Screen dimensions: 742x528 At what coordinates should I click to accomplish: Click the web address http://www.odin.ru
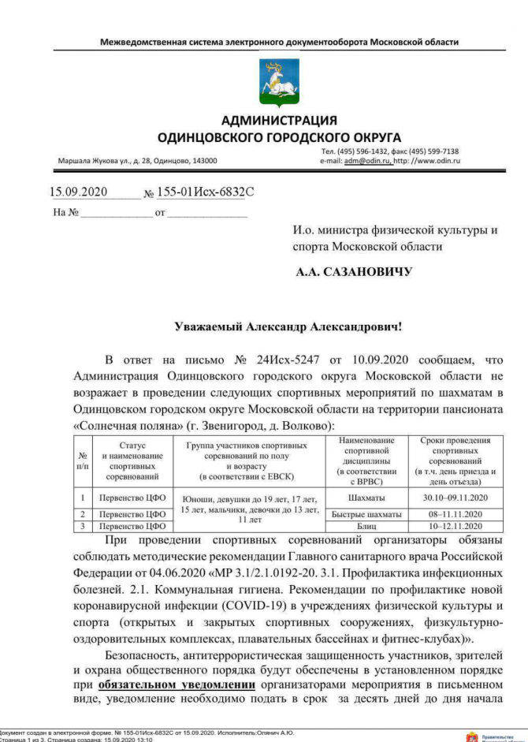[426, 160]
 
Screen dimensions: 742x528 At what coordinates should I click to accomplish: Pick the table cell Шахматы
[366, 498]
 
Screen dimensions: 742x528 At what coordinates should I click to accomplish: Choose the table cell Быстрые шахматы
[366, 514]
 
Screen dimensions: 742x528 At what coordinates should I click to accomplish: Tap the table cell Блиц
[366, 525]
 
